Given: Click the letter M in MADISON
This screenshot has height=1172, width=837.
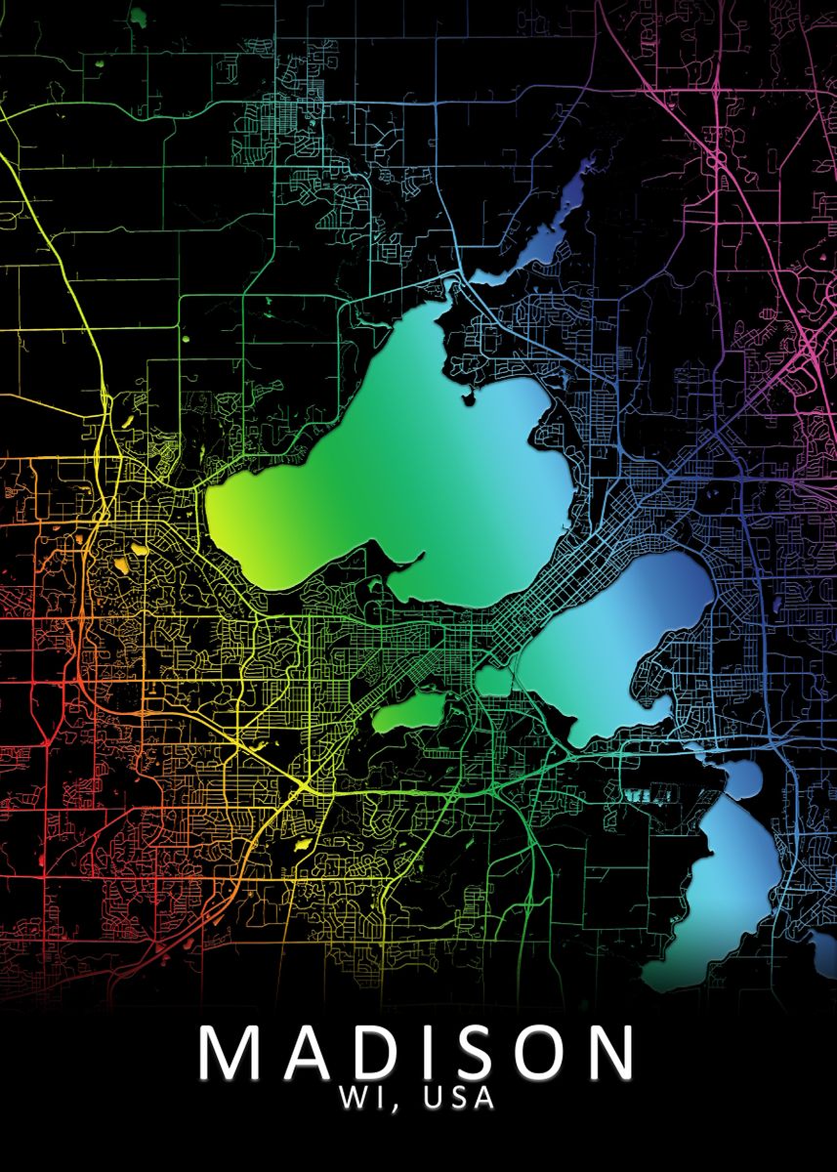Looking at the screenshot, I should click(231, 1052).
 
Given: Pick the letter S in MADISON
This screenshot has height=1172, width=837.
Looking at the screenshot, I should click(474, 1052).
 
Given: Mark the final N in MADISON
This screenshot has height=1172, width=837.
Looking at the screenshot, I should click(610, 1052).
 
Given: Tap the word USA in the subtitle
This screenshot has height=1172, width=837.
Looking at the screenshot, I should click(460, 1098).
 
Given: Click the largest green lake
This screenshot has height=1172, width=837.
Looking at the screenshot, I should click(410, 488).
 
